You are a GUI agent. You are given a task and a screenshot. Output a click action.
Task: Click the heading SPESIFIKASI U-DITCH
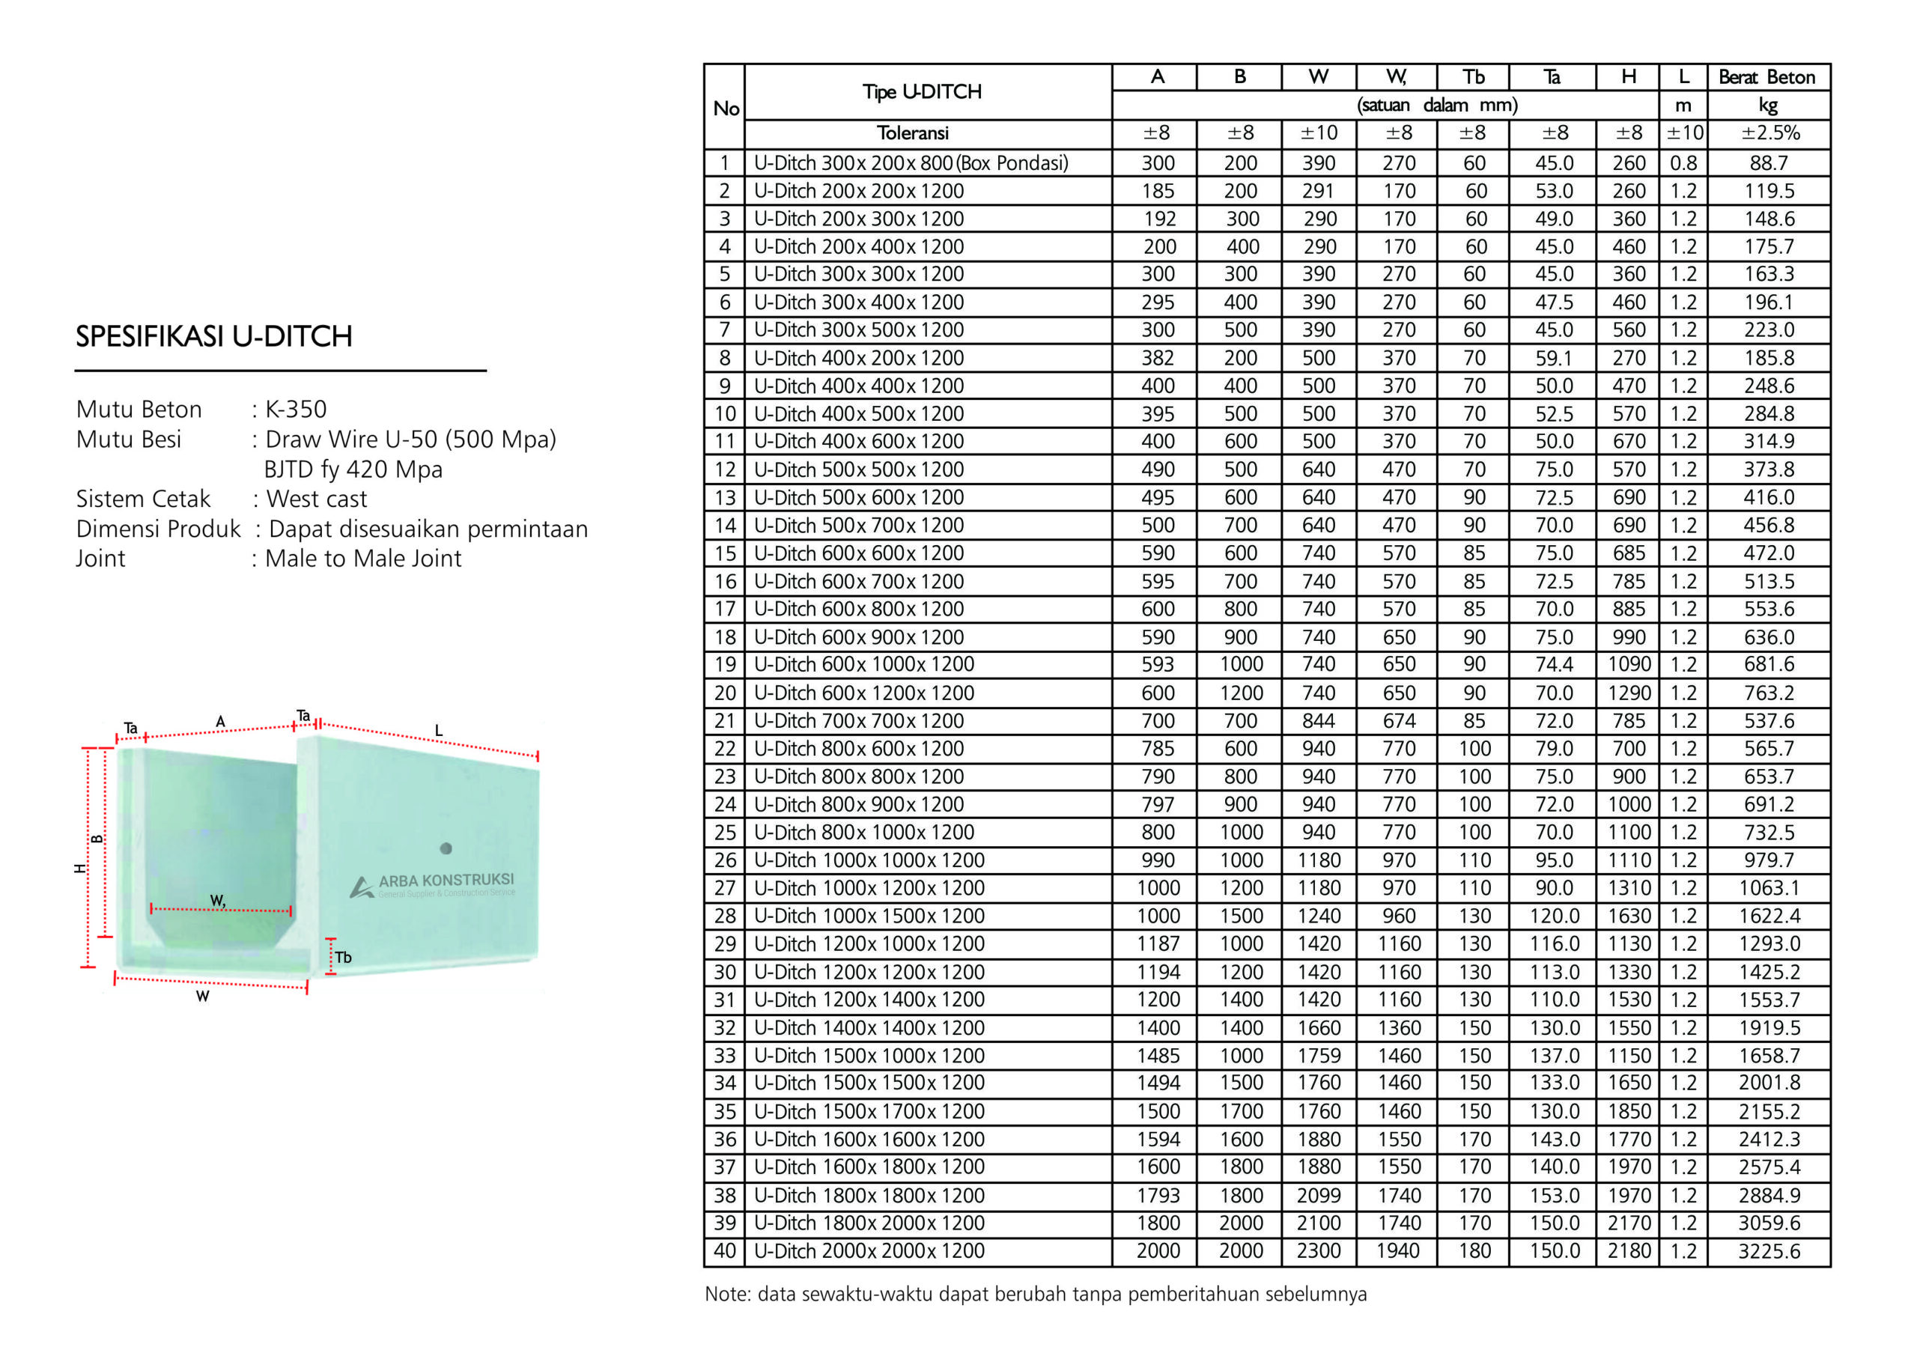click(x=213, y=336)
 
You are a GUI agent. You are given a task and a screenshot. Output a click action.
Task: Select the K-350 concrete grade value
click(x=296, y=409)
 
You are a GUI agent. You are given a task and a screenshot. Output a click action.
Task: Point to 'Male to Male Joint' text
click(x=363, y=559)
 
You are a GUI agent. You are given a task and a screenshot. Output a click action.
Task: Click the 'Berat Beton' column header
click(x=1766, y=78)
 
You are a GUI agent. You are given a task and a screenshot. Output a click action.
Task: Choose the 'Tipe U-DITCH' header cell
click(x=922, y=92)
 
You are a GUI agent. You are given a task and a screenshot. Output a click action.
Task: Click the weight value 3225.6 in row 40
click(x=1769, y=1250)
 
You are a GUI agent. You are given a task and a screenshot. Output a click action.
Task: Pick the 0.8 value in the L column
click(x=1683, y=162)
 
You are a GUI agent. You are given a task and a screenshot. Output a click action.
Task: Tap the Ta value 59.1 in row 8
click(x=1553, y=358)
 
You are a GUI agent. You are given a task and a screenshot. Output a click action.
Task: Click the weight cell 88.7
click(x=1769, y=162)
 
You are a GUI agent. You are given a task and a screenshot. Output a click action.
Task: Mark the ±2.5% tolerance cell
click(x=1769, y=133)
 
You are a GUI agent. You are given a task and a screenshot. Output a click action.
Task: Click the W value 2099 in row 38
click(x=1319, y=1196)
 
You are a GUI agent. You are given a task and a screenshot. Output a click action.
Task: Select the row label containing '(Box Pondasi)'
click(x=910, y=162)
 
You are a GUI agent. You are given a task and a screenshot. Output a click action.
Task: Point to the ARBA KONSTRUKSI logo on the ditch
click(x=434, y=884)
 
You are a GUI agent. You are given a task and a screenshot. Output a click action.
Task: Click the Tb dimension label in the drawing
click(x=343, y=958)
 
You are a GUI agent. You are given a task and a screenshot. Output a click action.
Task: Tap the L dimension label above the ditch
click(x=438, y=732)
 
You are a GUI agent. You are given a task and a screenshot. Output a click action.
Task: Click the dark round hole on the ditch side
click(x=446, y=848)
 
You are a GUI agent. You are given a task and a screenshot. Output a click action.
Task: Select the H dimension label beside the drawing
click(x=80, y=869)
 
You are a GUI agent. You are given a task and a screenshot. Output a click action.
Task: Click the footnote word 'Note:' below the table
click(x=728, y=1294)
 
